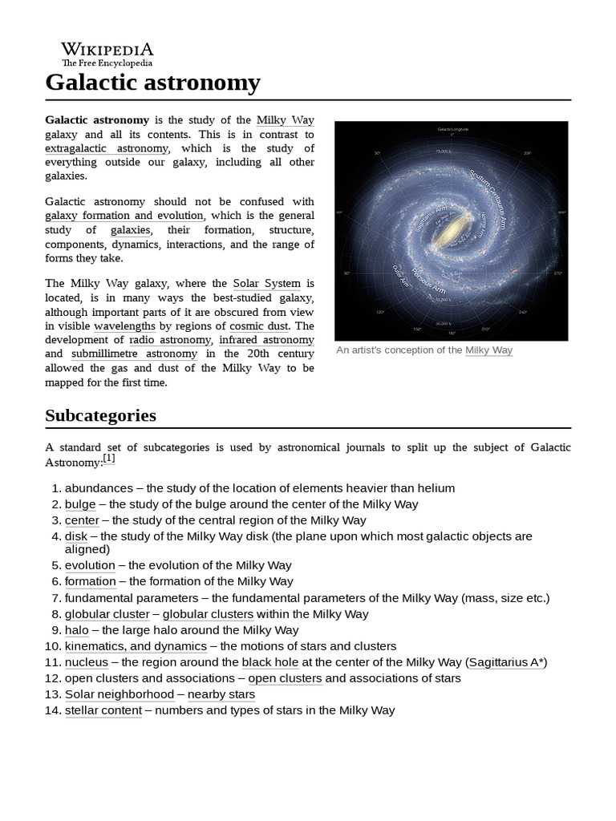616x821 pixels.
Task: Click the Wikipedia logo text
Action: [x=107, y=48]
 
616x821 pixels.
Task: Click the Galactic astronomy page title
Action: [x=152, y=82]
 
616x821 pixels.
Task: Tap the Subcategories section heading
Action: [x=100, y=415]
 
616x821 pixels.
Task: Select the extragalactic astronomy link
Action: [x=107, y=148]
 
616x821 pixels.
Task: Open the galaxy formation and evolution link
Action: [x=125, y=216]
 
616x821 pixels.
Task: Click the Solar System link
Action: [x=266, y=283]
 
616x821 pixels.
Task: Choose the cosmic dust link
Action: [x=261, y=326]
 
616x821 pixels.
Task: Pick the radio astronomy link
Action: [x=169, y=340]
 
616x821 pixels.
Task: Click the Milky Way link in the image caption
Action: [x=488, y=350]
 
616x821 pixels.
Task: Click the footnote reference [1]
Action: [x=109, y=459]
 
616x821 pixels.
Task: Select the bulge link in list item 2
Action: [x=80, y=504]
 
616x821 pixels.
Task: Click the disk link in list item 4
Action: [x=75, y=536]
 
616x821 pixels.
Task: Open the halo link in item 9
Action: [x=76, y=630]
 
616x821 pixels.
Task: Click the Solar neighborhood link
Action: [x=120, y=694]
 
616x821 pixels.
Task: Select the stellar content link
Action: [x=103, y=710]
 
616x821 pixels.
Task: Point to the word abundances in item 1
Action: [x=99, y=488]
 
